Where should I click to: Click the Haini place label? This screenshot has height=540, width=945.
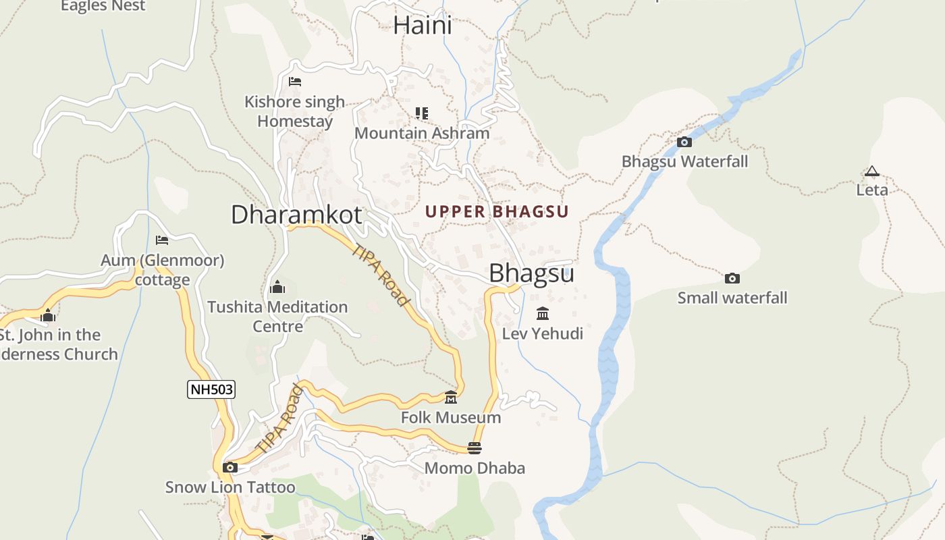423,26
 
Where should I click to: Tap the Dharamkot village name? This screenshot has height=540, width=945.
296,215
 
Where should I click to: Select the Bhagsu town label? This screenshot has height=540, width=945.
531,273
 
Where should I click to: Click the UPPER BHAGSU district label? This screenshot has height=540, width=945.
497,212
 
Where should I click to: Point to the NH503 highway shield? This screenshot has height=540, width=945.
211,389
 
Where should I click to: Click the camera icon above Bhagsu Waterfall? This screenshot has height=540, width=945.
684,142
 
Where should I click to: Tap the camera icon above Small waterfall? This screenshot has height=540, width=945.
732,278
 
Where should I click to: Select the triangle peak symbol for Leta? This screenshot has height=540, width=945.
872,171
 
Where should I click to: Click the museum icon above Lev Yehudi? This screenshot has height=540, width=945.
543,313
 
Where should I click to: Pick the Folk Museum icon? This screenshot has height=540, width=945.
451,397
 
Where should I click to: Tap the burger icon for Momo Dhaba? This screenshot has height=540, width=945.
475,448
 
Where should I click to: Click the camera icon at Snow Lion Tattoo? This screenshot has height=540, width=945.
230,467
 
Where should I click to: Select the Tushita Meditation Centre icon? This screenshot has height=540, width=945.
277,288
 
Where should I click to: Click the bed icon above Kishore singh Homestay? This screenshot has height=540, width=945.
295,82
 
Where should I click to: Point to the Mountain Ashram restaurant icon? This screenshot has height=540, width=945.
422,113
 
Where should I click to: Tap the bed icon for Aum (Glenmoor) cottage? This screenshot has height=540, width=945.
162,240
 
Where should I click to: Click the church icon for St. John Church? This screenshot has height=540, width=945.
48,315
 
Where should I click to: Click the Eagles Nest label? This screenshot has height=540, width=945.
103,6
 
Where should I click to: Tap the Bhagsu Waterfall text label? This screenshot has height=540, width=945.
684,162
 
